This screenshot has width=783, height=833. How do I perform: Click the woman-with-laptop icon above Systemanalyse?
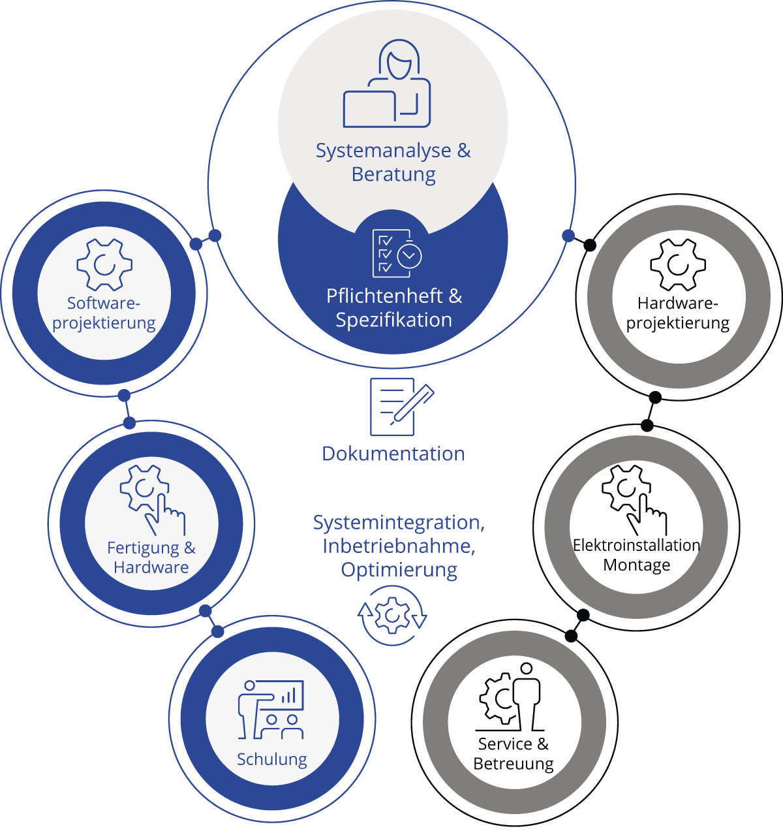click(x=387, y=83)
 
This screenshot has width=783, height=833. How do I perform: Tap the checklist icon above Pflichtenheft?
click(x=397, y=253)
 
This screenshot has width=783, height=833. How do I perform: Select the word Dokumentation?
click(x=393, y=454)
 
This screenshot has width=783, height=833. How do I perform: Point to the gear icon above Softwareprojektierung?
click(x=104, y=264)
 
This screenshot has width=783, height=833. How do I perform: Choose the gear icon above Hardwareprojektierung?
click(x=678, y=264)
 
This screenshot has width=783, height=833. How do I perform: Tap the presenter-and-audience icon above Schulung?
click(x=271, y=710)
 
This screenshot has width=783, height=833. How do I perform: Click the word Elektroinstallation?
click(x=636, y=545)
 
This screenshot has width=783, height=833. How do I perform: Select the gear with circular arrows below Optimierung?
click(x=392, y=616)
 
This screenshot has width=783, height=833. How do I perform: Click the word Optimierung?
click(x=399, y=570)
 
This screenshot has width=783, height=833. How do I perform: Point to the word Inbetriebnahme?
click(x=399, y=546)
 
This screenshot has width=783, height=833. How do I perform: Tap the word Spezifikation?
click(x=394, y=320)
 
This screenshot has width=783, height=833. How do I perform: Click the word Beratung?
click(x=393, y=174)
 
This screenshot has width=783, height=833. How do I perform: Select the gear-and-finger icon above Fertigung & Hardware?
click(x=153, y=500)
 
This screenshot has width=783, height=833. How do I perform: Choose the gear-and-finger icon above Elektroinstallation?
click(x=634, y=500)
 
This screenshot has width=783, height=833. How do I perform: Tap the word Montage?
click(x=637, y=565)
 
